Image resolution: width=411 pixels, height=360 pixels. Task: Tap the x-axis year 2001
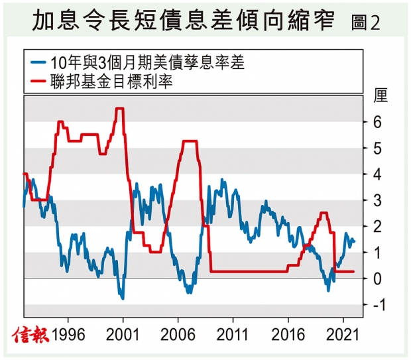pyautogui.click(x=123, y=333)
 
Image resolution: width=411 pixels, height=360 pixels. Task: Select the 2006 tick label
pyautogui.click(x=178, y=333)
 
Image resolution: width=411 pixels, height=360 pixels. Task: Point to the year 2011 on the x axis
pyautogui.click(x=233, y=333)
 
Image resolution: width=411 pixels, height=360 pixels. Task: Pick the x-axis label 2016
pyautogui.click(x=288, y=333)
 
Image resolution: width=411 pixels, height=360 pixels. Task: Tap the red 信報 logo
pyautogui.click(x=29, y=333)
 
